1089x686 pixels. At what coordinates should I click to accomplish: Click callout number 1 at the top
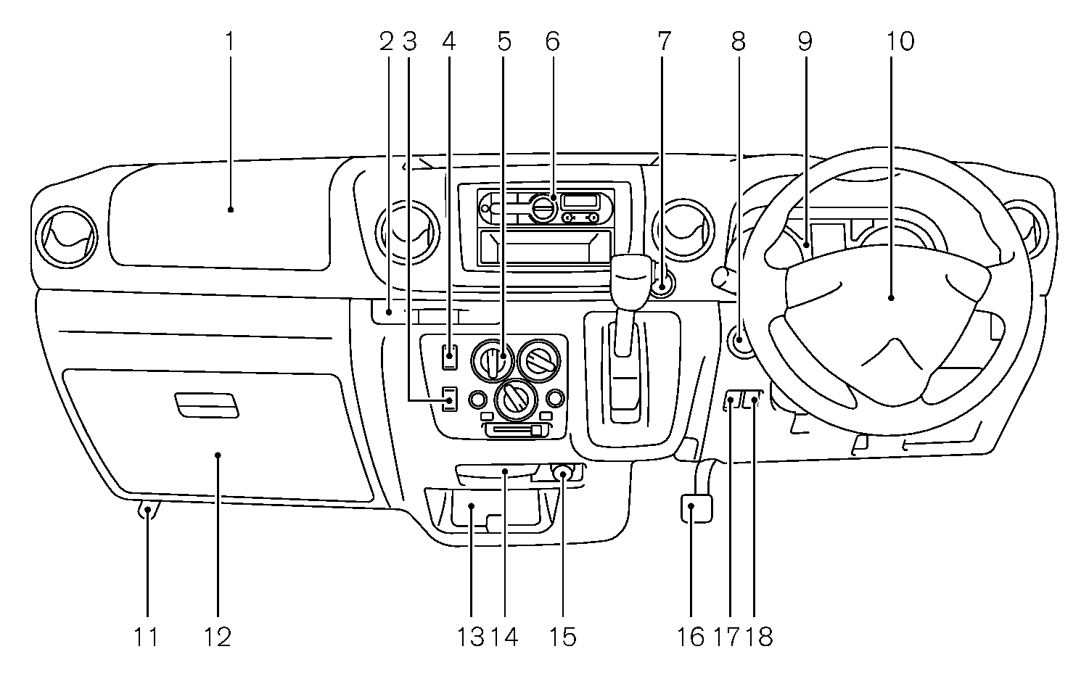click(x=230, y=41)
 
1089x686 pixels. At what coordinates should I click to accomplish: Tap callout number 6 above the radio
click(x=552, y=41)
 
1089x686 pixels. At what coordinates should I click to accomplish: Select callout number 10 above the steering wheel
click(x=900, y=41)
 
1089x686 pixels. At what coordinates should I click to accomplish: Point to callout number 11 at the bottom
click(x=146, y=637)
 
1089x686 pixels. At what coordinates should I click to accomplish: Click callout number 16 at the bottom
click(x=691, y=637)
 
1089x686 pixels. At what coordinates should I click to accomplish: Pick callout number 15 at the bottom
click(x=563, y=637)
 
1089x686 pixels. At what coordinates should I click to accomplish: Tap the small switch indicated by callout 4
click(x=450, y=356)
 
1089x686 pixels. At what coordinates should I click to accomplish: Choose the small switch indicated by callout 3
click(x=450, y=399)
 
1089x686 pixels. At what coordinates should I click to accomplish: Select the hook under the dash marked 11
click(x=148, y=511)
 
